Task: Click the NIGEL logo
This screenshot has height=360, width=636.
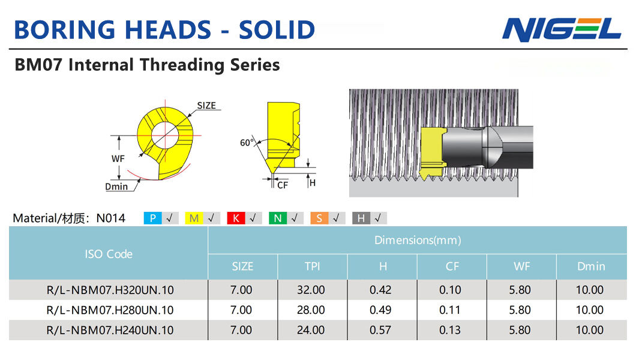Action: pos(562,29)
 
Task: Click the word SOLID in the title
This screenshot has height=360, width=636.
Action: pos(277,30)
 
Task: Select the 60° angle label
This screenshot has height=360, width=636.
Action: pos(247,143)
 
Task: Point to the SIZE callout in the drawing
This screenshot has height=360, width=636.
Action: pos(206,106)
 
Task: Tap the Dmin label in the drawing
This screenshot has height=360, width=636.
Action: pos(116,187)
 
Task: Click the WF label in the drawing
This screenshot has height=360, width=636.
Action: pos(118,158)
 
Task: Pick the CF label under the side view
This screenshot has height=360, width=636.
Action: pos(283,185)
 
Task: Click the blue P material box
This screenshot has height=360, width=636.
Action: pos(152,218)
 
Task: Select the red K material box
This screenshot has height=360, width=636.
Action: pos(236,218)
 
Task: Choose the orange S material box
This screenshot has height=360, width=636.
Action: pos(319,218)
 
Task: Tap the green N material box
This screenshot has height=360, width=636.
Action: pos(277,218)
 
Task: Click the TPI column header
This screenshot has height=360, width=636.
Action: pos(313,266)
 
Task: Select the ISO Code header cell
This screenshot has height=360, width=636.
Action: pos(108,253)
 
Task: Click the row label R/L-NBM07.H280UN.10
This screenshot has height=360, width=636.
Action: pos(110,310)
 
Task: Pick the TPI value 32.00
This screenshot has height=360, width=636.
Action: pos(311,290)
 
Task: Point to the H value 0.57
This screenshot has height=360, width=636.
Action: pos(380,330)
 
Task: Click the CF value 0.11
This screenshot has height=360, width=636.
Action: pos(450,310)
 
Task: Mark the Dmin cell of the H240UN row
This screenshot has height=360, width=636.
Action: pos(590,330)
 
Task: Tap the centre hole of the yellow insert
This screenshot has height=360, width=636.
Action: pos(164,135)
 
